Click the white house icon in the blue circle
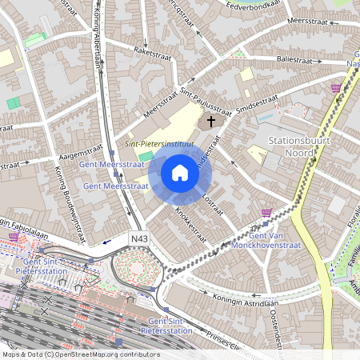click(x=180, y=173)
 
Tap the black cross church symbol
click(x=212, y=122)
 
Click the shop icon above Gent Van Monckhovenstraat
click(x=266, y=212)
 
